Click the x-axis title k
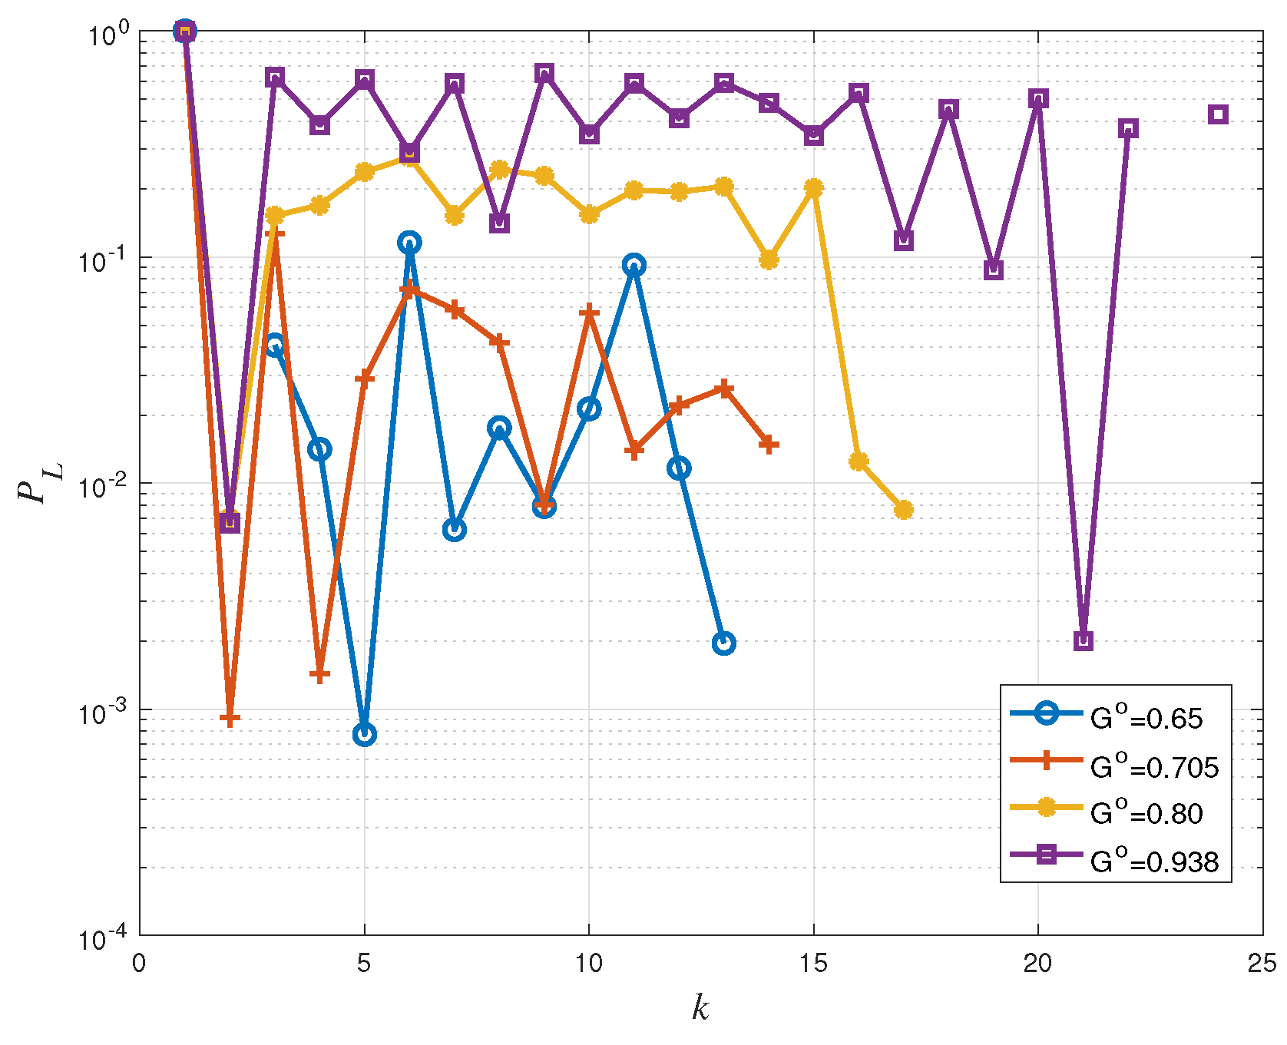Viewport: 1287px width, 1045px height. point(700,1007)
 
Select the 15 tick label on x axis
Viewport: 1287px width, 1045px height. point(813,964)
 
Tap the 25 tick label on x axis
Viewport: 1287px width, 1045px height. point(1262,964)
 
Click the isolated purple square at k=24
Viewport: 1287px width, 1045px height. point(1217,114)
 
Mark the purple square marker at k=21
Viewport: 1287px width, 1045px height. point(1083,640)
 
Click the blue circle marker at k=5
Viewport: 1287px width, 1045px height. point(365,735)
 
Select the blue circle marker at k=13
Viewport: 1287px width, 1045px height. point(723,643)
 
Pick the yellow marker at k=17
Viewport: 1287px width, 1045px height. point(904,510)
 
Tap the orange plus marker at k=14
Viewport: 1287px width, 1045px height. point(769,445)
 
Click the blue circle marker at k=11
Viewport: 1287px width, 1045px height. point(634,266)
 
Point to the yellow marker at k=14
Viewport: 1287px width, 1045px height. point(769,260)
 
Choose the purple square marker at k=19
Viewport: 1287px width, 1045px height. point(994,270)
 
